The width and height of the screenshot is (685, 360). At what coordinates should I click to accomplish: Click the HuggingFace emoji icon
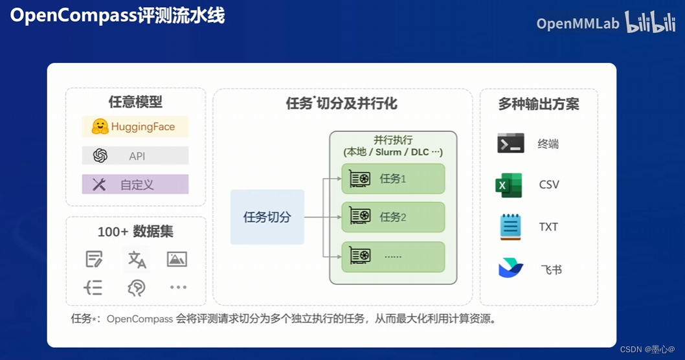(x=100, y=127)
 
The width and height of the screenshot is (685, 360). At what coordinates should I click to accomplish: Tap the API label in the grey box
(x=137, y=156)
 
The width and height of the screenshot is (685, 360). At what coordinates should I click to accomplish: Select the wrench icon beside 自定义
(x=99, y=185)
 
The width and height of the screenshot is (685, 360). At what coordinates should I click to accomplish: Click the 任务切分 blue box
(x=267, y=217)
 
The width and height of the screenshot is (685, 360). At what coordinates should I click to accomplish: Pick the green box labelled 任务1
(x=393, y=179)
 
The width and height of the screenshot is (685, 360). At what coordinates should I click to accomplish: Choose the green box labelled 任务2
(x=393, y=217)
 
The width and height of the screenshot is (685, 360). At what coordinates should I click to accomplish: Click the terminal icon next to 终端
(x=510, y=144)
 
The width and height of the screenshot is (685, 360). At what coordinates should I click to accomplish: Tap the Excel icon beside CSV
(x=509, y=185)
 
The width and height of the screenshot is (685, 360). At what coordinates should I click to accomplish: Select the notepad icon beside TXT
(x=510, y=227)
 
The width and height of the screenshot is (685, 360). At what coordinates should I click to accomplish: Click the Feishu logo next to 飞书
(x=510, y=268)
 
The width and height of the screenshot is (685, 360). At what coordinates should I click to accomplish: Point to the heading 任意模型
(x=135, y=102)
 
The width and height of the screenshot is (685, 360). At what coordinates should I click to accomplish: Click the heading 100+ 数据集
(x=135, y=232)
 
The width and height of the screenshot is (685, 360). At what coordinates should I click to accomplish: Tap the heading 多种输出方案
(x=538, y=104)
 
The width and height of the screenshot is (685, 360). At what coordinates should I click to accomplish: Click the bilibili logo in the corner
(x=649, y=23)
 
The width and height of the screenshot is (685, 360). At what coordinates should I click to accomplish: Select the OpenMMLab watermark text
(x=578, y=24)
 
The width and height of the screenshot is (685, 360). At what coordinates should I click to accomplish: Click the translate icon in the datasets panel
(x=137, y=260)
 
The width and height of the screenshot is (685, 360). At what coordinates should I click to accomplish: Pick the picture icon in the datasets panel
(x=177, y=259)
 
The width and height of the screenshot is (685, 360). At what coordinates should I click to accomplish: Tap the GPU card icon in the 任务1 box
(x=360, y=178)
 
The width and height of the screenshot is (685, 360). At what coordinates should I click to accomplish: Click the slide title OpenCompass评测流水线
(x=118, y=16)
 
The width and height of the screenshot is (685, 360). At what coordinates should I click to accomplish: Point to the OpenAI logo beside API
(x=100, y=156)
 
